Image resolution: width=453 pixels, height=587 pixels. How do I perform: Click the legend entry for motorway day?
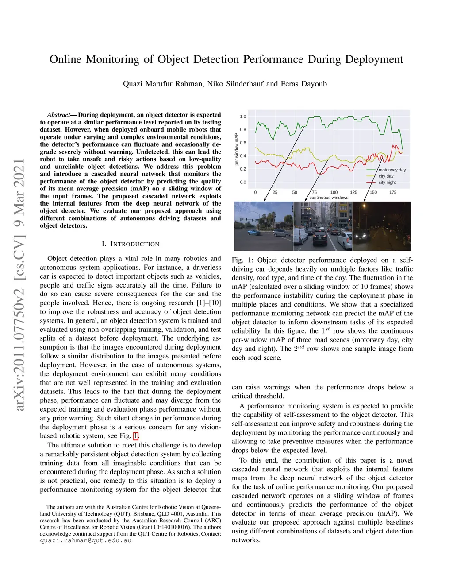pyautogui.click(x=392, y=170)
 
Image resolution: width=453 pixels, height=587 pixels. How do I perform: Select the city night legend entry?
pyautogui.click(x=387, y=182)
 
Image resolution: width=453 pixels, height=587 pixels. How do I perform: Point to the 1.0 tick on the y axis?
pyautogui.click(x=243, y=117)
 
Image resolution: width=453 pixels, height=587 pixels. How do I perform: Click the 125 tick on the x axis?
pyautogui.click(x=353, y=192)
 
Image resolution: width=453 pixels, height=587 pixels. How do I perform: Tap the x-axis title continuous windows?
pyautogui.click(x=329, y=198)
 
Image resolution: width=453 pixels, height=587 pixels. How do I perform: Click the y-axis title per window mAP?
pyautogui.click(x=237, y=149)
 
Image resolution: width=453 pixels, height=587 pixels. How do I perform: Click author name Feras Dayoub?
pyautogui.click(x=304, y=84)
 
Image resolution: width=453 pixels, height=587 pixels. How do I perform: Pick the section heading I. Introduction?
pyautogui.click(x=130, y=244)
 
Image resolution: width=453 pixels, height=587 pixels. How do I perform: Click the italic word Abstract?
pyautogui.click(x=58, y=115)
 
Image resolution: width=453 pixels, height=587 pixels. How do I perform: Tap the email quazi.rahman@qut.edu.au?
pyautogui.click(x=85, y=540)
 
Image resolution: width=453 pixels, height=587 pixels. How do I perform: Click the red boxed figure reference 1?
pyautogui.click(x=136, y=436)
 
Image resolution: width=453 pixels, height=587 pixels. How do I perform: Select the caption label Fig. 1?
pyautogui.click(x=242, y=260)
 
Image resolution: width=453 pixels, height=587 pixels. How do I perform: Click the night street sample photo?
pyautogui.click(x=382, y=226)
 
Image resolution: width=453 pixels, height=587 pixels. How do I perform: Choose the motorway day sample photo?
pyautogui.click(x=263, y=226)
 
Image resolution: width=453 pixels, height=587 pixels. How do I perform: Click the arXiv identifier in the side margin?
pyautogui.click(x=19, y=284)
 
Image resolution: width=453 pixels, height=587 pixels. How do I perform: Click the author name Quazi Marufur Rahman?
pyautogui.click(x=163, y=84)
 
